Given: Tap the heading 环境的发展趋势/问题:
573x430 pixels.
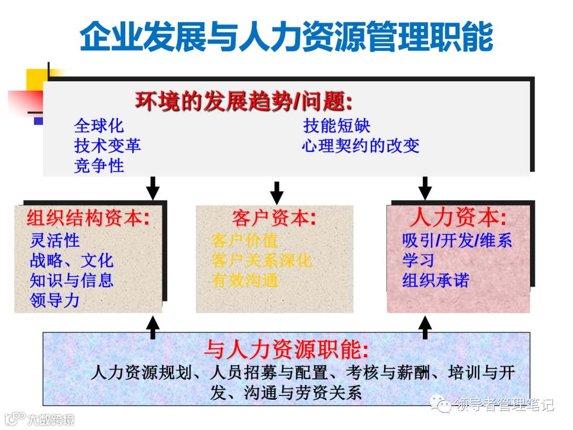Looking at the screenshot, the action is [x=244, y=101].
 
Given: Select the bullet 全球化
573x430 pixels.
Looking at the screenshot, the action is [x=99, y=126].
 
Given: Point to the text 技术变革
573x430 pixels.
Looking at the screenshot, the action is [x=108, y=145].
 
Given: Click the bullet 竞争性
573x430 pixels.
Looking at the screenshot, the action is [x=99, y=166].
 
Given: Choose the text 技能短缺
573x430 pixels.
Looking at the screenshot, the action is [x=336, y=126].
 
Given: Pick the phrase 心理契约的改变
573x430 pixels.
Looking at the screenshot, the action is [x=361, y=145].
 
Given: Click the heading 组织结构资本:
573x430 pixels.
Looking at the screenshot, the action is [x=88, y=218].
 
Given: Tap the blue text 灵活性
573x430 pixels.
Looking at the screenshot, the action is [x=55, y=240].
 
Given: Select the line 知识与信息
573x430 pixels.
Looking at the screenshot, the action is [x=72, y=280].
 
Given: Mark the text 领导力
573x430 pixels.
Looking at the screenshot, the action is [x=55, y=300].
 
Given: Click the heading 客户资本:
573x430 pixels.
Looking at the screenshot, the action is [x=274, y=218].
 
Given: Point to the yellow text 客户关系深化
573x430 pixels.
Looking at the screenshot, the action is [x=262, y=261].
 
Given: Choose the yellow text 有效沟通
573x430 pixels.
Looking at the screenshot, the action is [x=245, y=280].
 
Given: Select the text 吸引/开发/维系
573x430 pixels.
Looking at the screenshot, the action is [x=457, y=240].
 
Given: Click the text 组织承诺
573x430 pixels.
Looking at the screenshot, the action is [x=436, y=280].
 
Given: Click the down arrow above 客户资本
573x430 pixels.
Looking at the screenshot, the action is [x=276, y=193].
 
